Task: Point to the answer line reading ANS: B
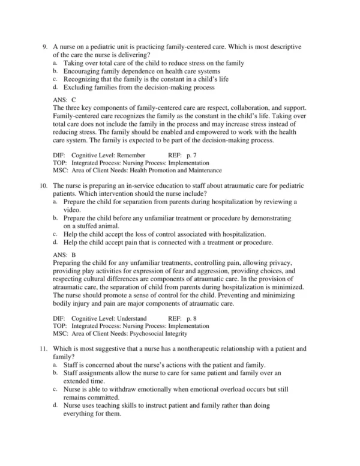pyautogui.click(x=64, y=255)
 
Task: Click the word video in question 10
pyautogui.click(x=72, y=211)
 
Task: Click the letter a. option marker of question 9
pyautogui.click(x=55, y=62)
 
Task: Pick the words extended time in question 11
pyautogui.click(x=85, y=381)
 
